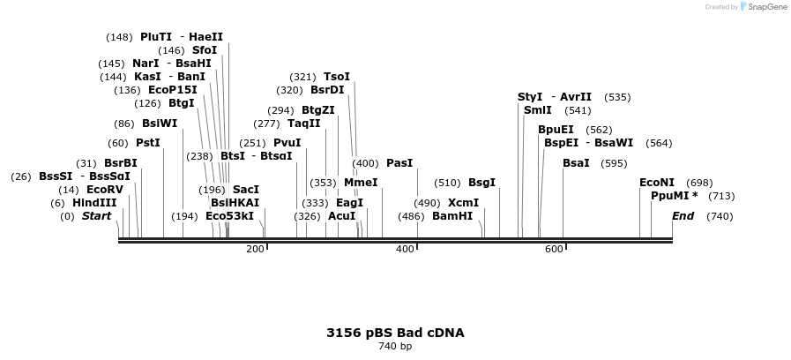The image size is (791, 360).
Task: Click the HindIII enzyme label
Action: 94,203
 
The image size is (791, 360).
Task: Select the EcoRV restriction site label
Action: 105,190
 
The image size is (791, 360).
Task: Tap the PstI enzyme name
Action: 148,143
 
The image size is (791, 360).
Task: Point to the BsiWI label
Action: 160,124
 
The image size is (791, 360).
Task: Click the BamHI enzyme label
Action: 452,216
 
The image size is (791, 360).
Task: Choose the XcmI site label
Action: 464,203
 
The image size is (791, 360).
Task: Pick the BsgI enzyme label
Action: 481,183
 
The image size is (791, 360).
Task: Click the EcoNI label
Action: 657,183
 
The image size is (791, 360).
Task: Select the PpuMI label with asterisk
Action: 675,196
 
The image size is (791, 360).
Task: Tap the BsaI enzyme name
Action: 576,163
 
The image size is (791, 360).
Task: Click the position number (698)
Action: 699,183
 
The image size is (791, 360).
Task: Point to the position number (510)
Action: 447,183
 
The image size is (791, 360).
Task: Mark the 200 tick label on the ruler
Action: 255,250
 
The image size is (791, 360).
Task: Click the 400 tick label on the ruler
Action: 405,250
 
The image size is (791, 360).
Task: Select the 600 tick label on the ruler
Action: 554,250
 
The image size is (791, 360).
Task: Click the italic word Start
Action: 97,216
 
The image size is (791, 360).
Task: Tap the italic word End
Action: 683,216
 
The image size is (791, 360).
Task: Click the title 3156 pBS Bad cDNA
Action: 395,333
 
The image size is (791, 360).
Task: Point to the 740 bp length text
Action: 395,346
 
